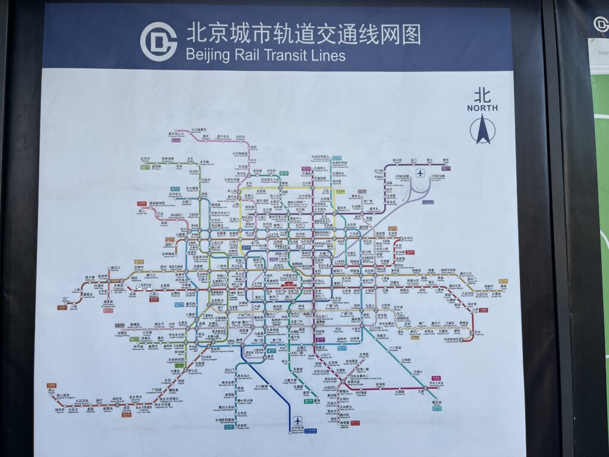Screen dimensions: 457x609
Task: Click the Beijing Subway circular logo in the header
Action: coord(158,41)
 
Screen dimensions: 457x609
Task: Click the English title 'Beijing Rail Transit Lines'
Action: coord(265,55)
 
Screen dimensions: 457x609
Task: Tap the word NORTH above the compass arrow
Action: coord(482,108)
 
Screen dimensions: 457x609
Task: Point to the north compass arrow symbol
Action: coord(482,130)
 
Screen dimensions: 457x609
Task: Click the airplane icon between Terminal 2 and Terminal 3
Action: coord(420,173)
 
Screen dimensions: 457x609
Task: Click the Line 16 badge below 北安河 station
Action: coord(144,167)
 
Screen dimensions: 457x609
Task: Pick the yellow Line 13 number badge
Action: coord(340,192)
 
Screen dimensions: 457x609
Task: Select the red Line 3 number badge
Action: coord(410,252)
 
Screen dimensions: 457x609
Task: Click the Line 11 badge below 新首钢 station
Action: coord(108,309)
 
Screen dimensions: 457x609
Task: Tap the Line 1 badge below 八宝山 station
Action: coord(154,299)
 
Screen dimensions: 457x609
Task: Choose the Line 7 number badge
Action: coord(415,337)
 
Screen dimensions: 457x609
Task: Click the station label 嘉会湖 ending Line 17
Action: coord(437,402)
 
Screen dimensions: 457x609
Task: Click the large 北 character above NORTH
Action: coord(482,95)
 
